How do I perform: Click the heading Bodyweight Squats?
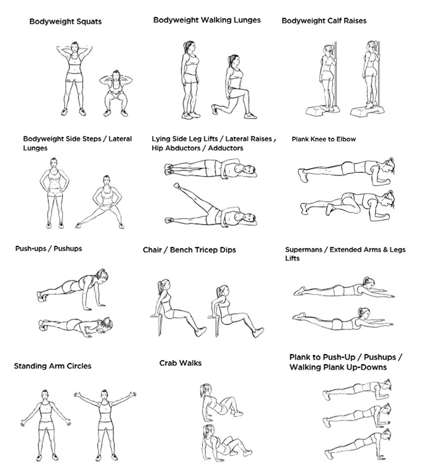coord(65,21)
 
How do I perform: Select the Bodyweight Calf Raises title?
coord(324,21)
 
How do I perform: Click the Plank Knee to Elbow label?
coord(323,139)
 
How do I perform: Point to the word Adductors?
coord(226,148)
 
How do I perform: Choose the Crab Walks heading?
coord(180,363)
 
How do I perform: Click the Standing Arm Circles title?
coord(53,366)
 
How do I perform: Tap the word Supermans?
coord(303,250)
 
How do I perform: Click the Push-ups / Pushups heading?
coord(48,248)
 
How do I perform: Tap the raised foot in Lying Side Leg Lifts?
coord(177,185)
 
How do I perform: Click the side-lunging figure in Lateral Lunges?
coord(101,202)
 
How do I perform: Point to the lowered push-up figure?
coord(76,324)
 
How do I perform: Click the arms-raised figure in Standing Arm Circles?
coord(105,425)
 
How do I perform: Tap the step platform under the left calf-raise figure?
coord(318,110)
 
